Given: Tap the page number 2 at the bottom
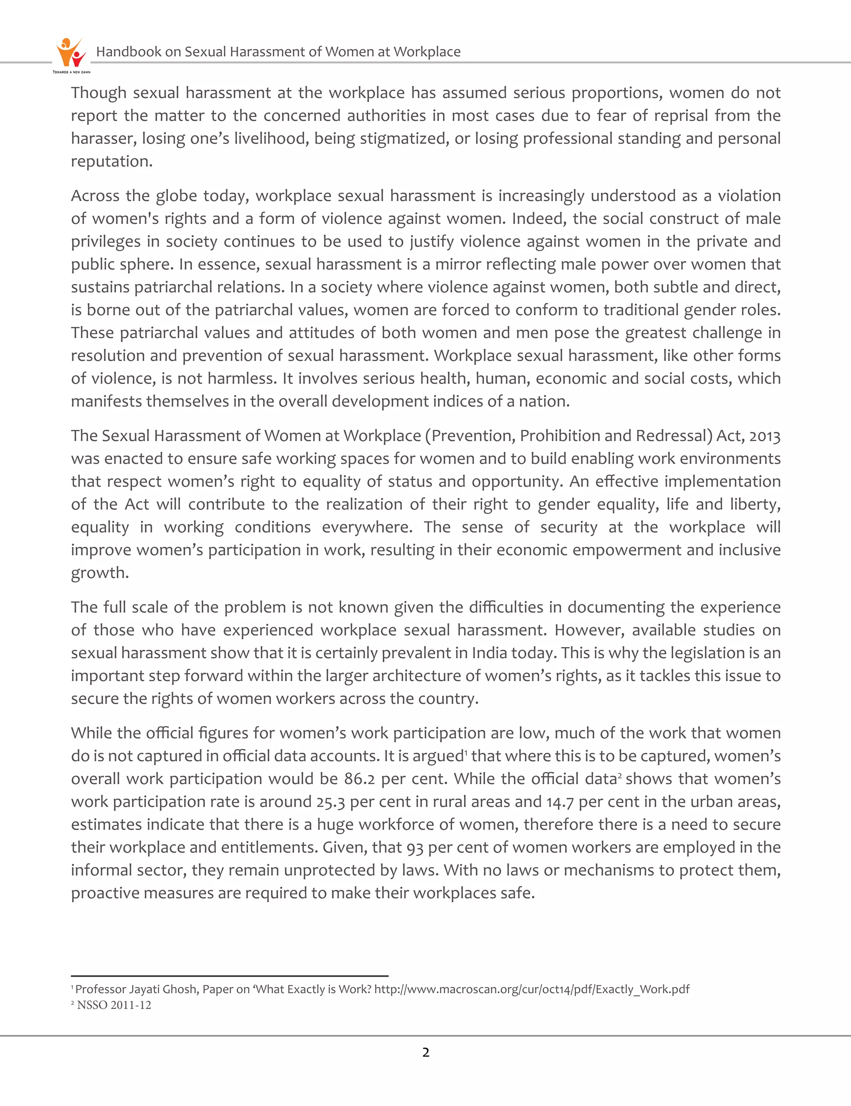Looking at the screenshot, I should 425,1052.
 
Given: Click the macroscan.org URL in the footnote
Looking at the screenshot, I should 531,989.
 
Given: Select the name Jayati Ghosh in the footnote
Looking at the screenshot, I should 162,989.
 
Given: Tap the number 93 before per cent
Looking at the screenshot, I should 414,847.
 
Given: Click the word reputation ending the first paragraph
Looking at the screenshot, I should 111,162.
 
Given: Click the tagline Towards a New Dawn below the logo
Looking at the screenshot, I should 71,72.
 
